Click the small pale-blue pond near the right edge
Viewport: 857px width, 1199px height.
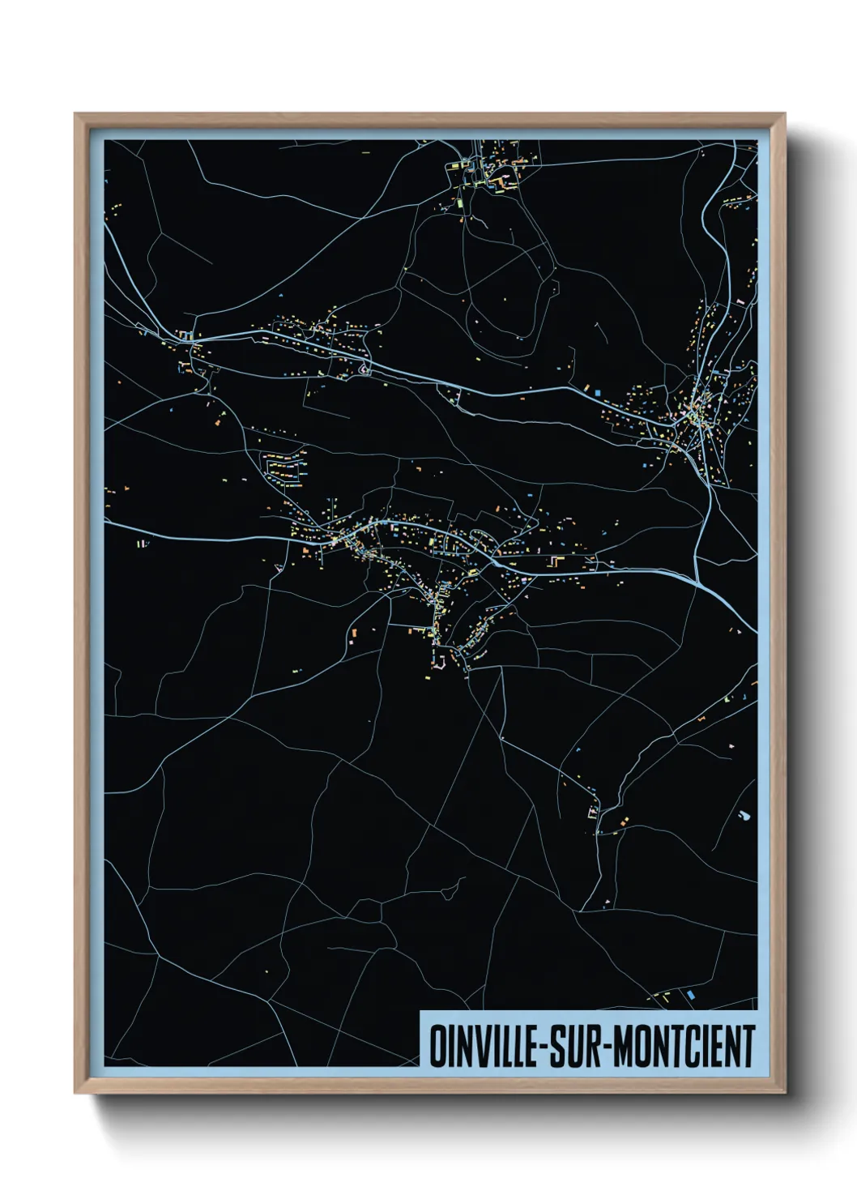coord(744,815)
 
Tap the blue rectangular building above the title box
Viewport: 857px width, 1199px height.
coord(691,993)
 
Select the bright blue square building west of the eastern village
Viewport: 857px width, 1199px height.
coord(599,393)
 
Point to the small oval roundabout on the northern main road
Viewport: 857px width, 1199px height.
coord(364,371)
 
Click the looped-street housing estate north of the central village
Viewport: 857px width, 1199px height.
coord(284,469)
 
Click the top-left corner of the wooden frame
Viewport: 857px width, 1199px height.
coord(75,114)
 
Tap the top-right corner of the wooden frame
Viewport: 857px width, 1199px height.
coord(784,114)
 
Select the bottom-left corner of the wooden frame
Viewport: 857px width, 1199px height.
coord(75,1093)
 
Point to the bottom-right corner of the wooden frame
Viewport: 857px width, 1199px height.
coord(784,1093)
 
